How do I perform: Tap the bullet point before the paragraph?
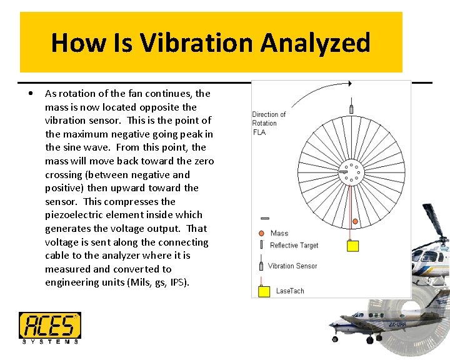tap(31, 94)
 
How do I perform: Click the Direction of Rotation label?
tap(268, 119)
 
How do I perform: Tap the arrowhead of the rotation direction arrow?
tap(348, 84)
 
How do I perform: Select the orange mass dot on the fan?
tap(355, 222)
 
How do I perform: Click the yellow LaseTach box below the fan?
tap(352, 246)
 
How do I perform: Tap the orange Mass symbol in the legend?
tap(261, 233)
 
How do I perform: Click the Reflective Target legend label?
tap(294, 246)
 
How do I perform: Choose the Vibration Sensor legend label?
tap(292, 266)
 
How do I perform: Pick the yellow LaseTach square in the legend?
tap(264, 291)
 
